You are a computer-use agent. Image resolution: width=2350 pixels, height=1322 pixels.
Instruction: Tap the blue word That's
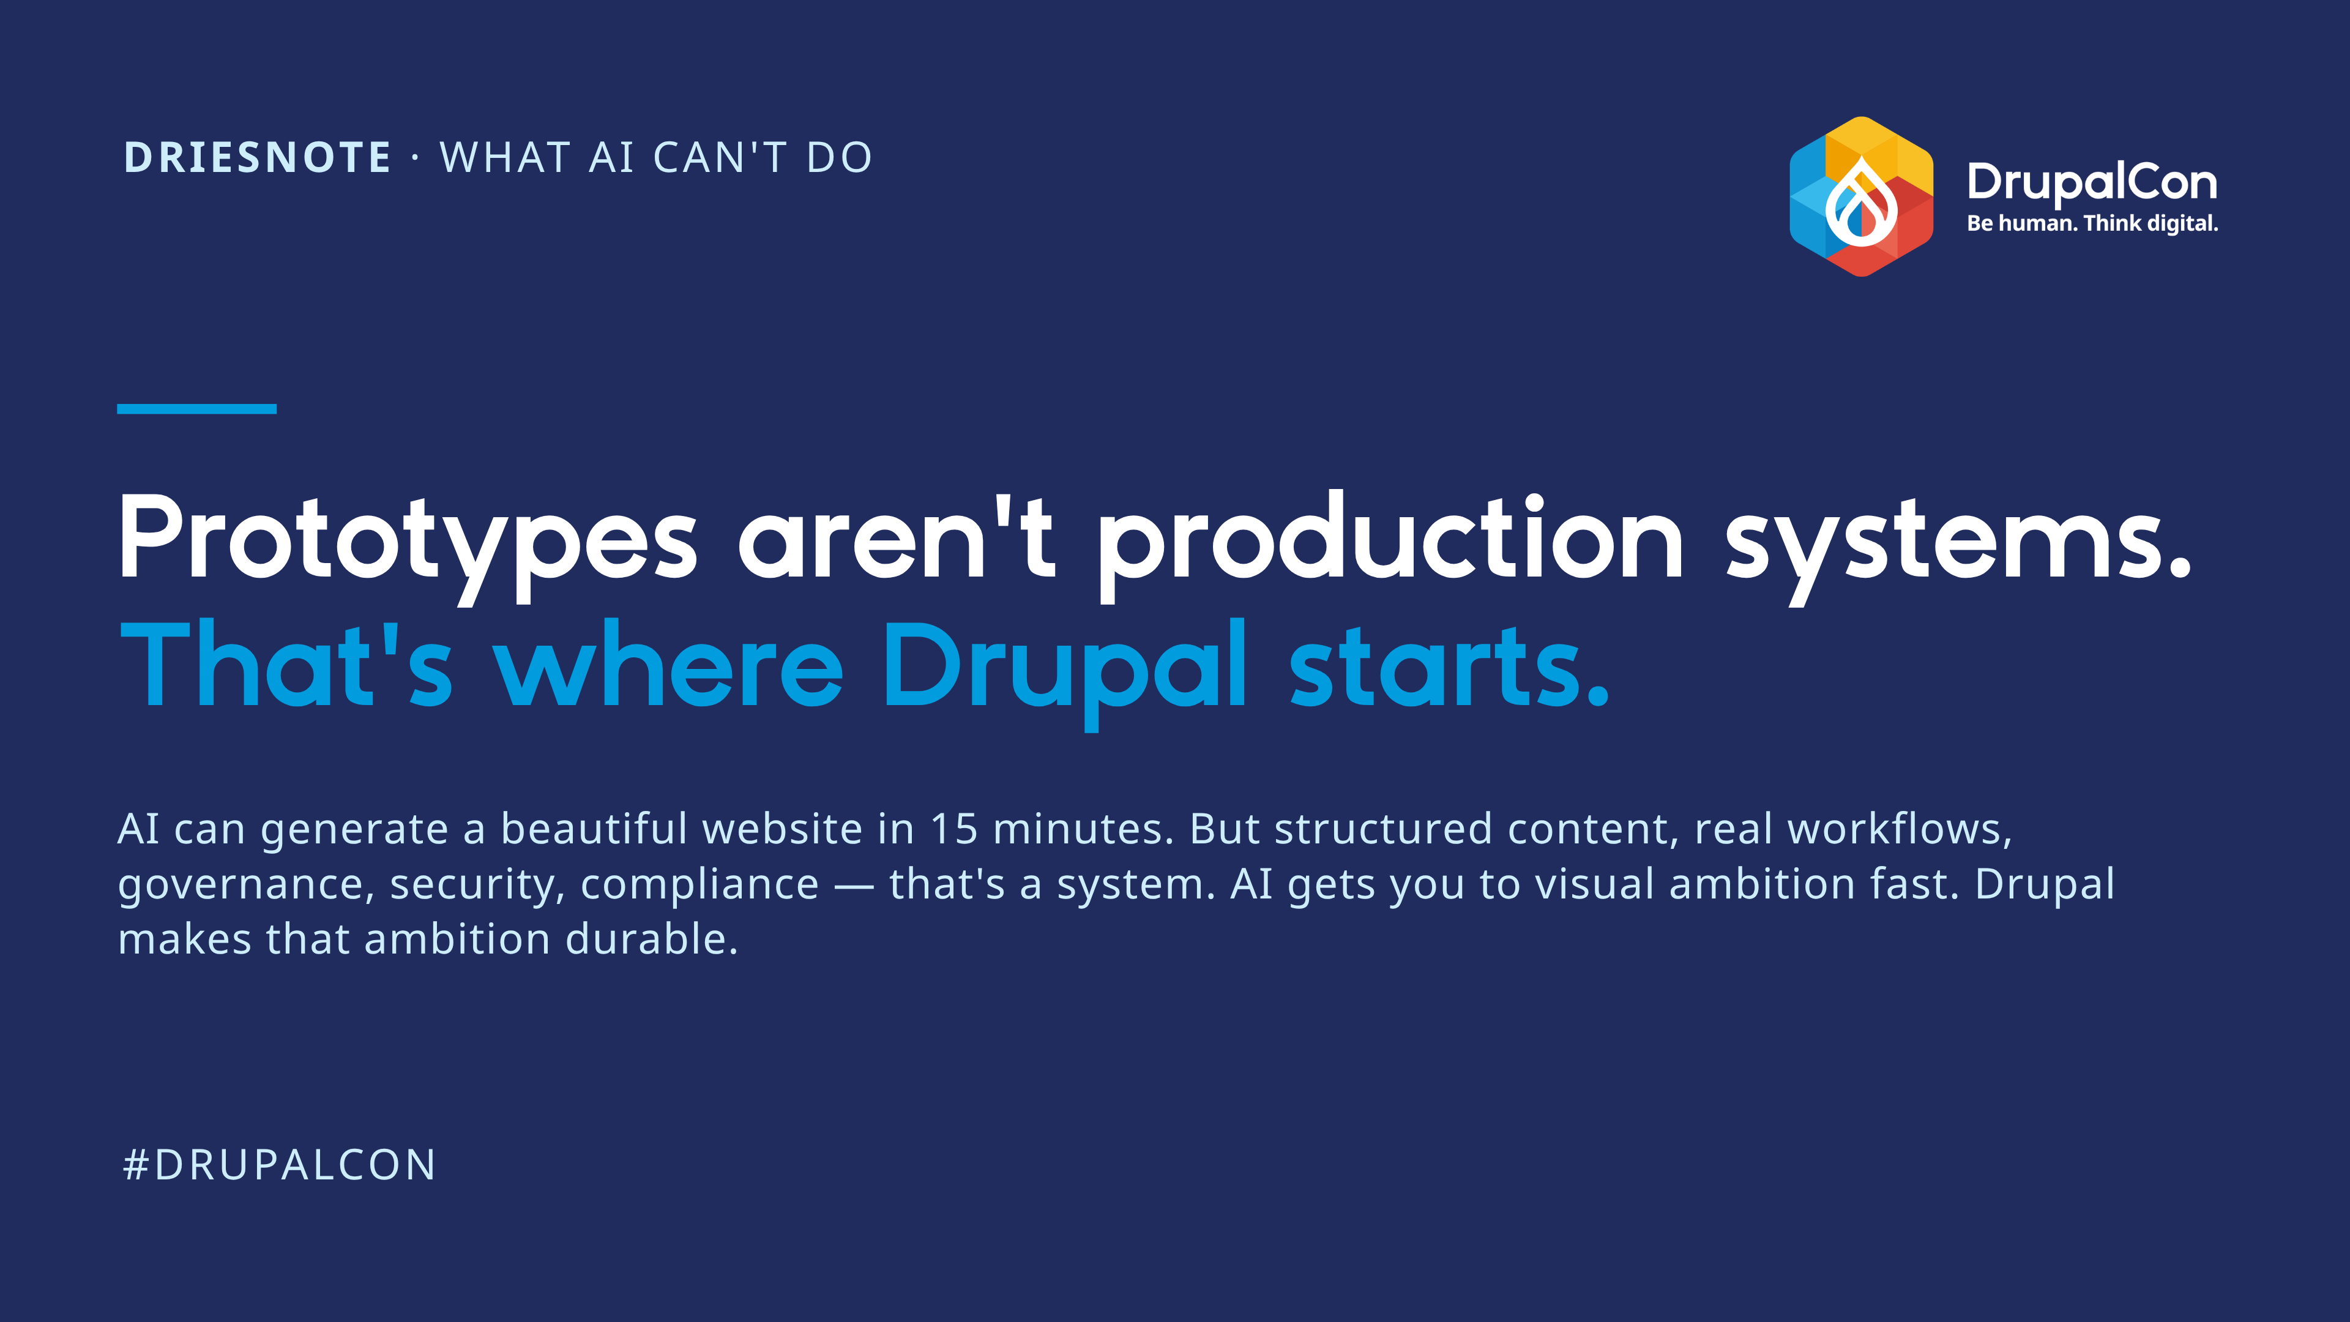(x=286, y=663)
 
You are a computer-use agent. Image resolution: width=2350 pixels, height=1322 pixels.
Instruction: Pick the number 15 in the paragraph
(x=954, y=829)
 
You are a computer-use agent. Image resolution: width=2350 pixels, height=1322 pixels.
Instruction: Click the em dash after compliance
(x=854, y=886)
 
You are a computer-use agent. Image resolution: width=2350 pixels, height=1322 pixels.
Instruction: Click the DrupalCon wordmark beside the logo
(x=2092, y=182)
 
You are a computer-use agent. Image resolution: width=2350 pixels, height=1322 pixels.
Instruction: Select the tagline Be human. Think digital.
(x=2092, y=223)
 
